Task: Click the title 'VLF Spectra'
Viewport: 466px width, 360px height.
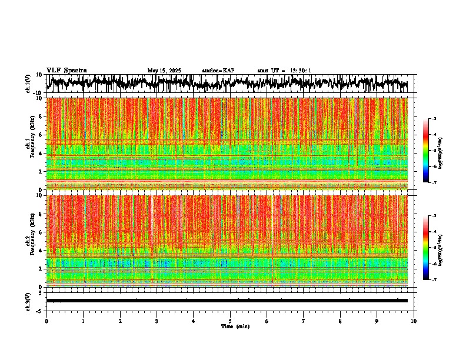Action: pos(66,70)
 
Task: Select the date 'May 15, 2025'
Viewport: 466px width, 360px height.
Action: pos(164,71)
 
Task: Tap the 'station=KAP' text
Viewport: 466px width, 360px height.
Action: pos(218,71)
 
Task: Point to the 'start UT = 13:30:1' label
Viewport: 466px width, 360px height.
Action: pos(284,71)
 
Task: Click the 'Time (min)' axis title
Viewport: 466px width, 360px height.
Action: pos(235,326)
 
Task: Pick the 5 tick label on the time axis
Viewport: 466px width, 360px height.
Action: pos(230,321)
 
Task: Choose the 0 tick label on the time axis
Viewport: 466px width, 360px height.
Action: pos(46,321)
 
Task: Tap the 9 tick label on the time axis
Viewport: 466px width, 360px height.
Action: pos(377,321)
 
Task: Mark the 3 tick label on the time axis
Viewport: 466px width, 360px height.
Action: pos(157,321)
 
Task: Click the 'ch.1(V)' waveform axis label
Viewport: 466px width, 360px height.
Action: pos(28,84)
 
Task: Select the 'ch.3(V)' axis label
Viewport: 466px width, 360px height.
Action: pos(28,301)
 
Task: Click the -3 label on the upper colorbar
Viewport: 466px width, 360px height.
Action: pos(434,119)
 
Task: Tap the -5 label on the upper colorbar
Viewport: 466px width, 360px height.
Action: pos(434,151)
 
